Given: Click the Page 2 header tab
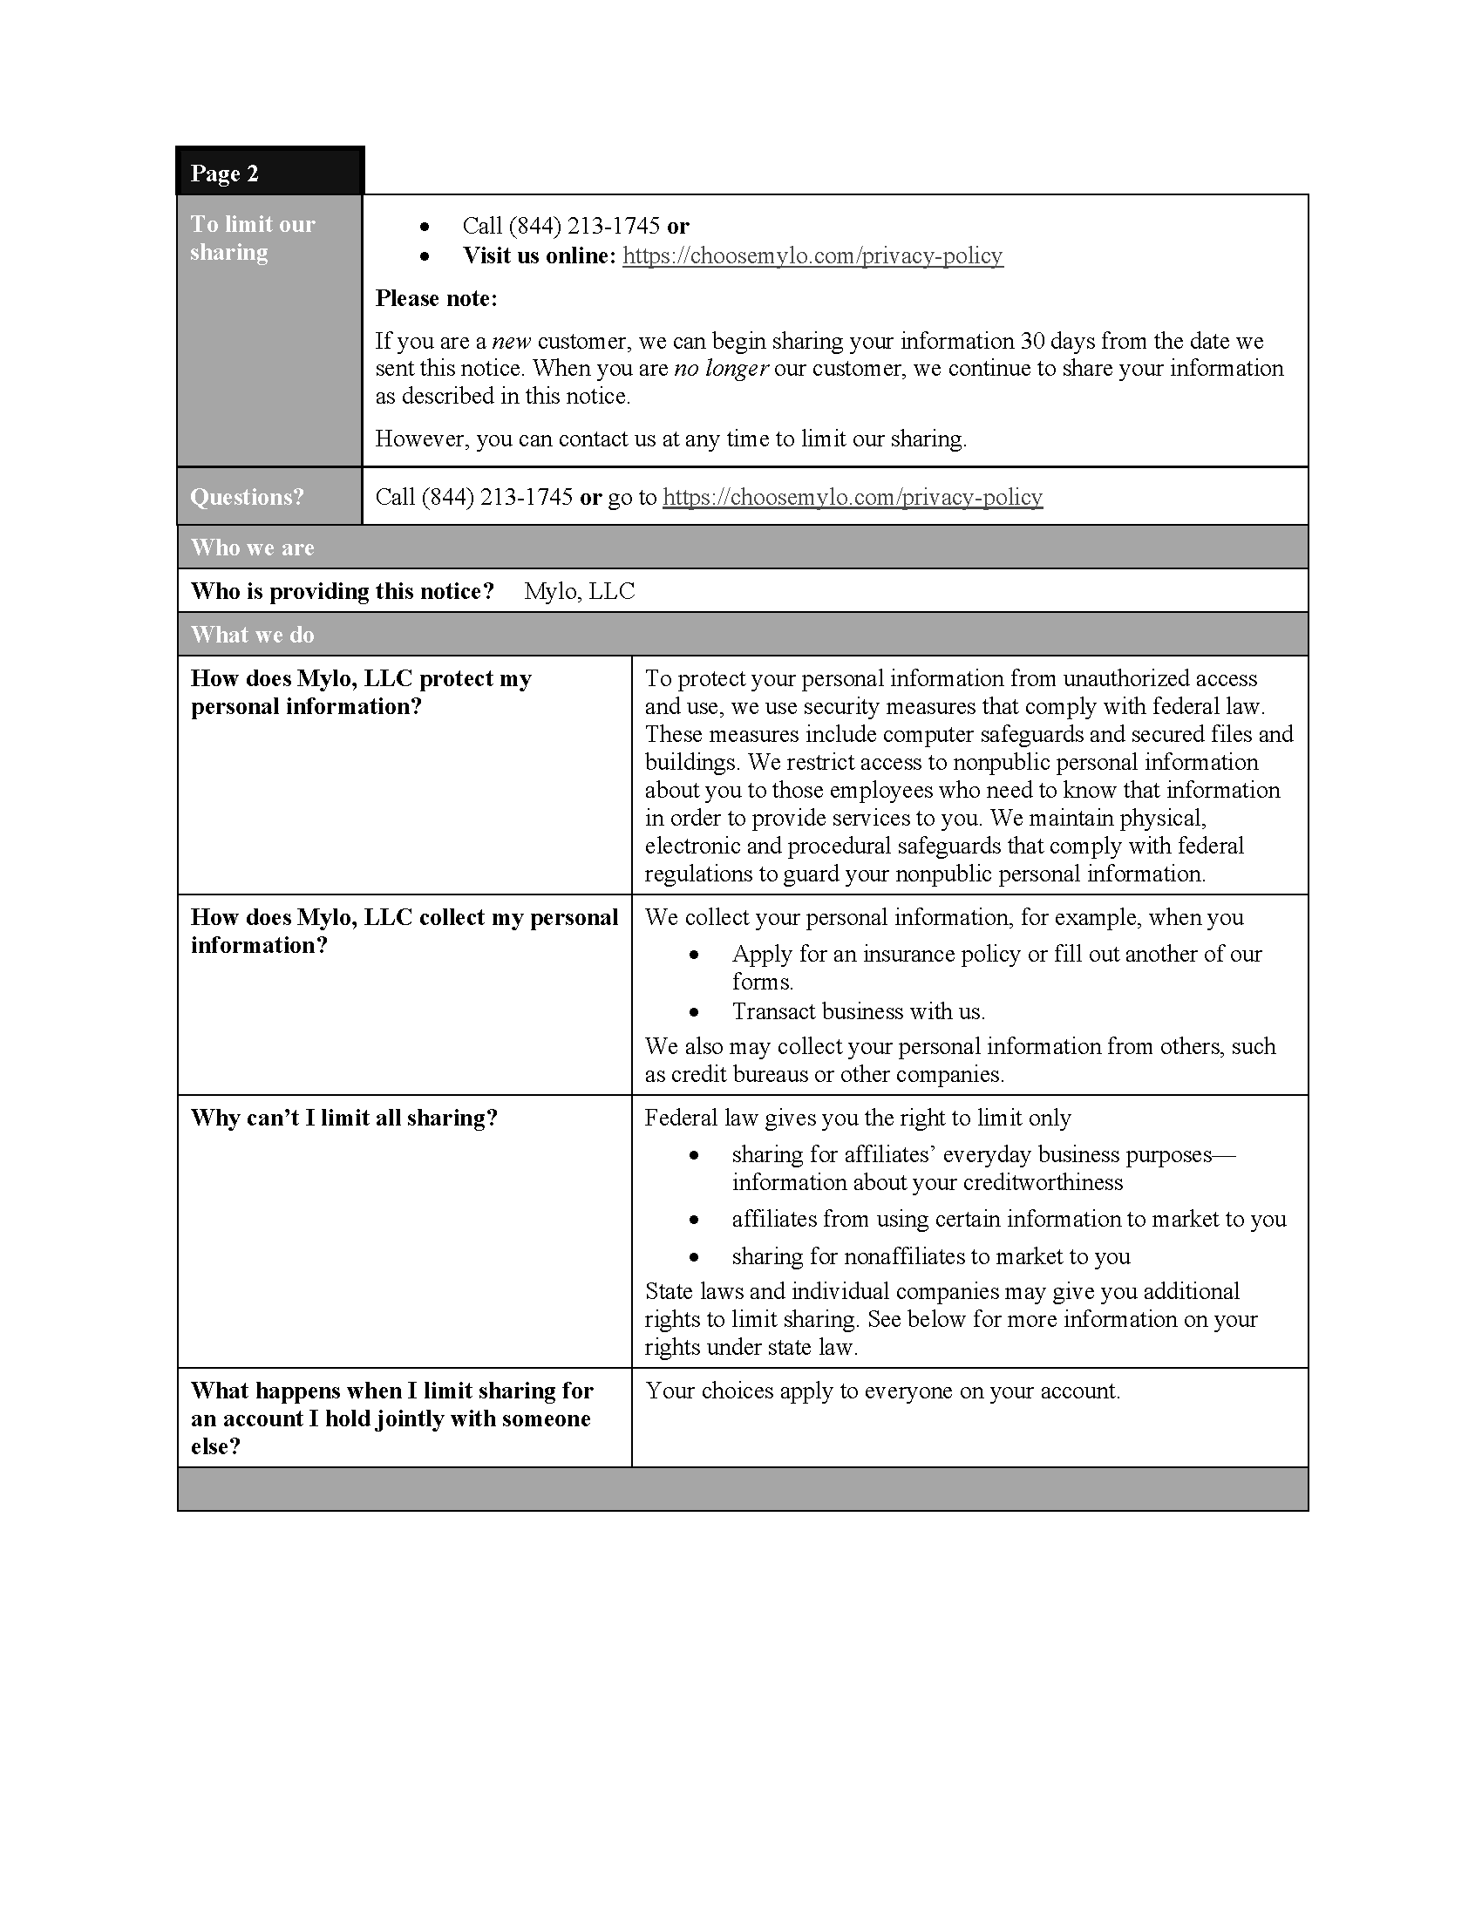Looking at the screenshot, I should coord(225,173).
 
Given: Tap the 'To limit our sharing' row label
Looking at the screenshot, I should coord(252,238).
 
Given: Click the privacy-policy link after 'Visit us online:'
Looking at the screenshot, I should coord(812,255).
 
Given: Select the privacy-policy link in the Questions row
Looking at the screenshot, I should coord(852,497).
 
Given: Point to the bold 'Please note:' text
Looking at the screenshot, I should coord(437,298).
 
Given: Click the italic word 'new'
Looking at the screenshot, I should coord(511,341).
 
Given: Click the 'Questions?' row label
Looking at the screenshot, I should coord(247,497).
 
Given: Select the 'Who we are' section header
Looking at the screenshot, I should coord(252,548).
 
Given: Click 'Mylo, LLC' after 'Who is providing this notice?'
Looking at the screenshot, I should coord(580,591).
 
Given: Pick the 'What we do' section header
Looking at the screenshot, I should coord(252,634).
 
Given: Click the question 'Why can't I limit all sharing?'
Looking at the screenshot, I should coord(344,1118).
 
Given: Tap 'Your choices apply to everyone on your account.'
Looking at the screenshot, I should coord(882,1391).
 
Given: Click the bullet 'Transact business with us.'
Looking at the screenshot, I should coord(858,1011).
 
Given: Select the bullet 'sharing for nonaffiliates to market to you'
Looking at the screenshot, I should coord(931,1255).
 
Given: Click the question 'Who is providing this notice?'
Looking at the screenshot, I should coord(343,591).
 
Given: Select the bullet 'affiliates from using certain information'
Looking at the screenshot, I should coord(1009,1219).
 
